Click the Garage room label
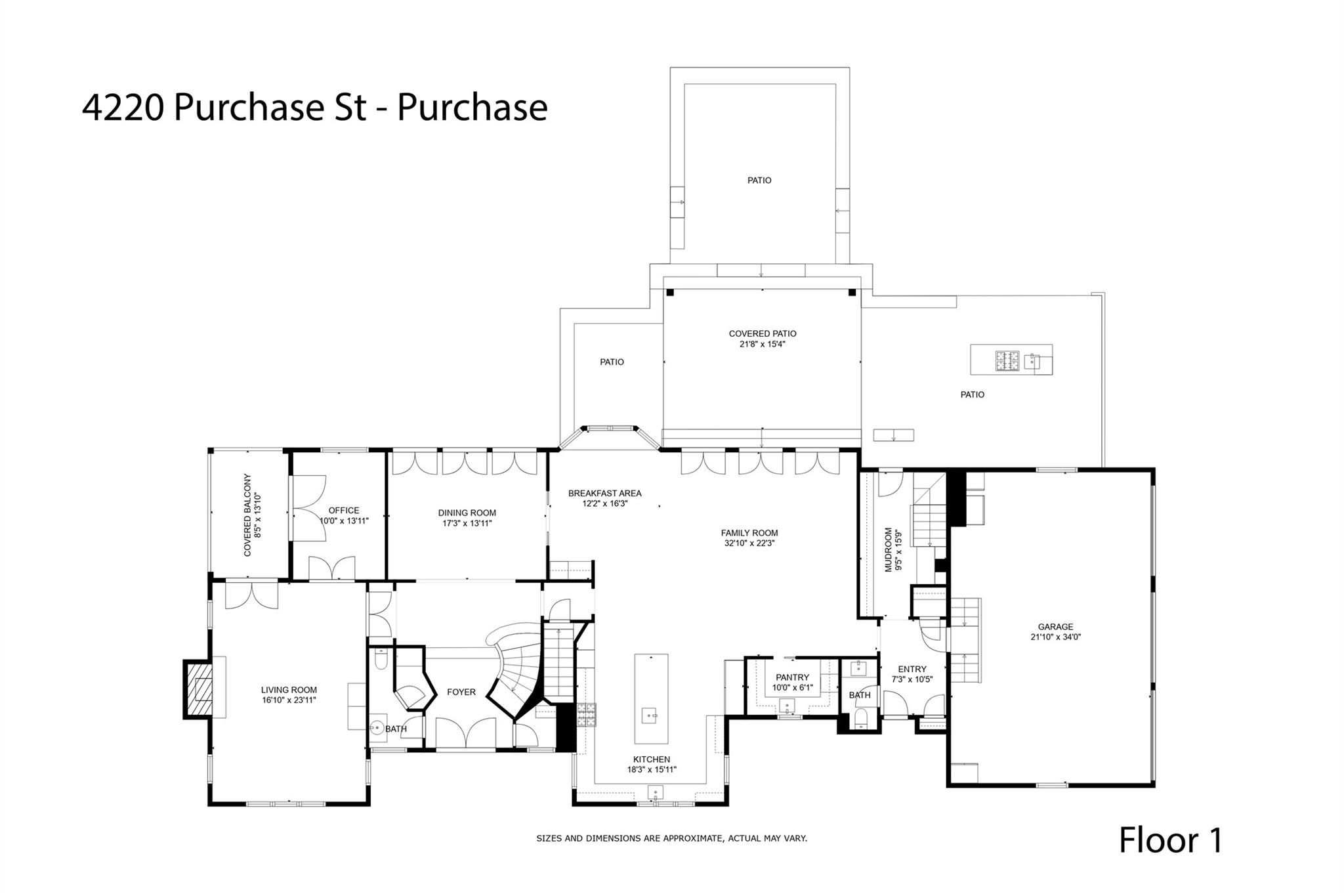pyautogui.click(x=1055, y=627)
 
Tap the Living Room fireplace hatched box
pyautogui.click(x=199, y=690)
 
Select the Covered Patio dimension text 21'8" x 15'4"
pyautogui.click(x=763, y=344)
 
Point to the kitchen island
pyautogui.click(x=651, y=698)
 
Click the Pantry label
pyautogui.click(x=792, y=677)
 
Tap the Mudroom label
pyautogui.click(x=889, y=549)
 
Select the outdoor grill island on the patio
pyautogui.click(x=1011, y=360)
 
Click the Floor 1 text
pyautogui.click(x=1170, y=840)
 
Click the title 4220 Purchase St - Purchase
pyautogui.click(x=314, y=108)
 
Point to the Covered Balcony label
pyautogui.click(x=247, y=515)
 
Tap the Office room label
pyautogui.click(x=344, y=510)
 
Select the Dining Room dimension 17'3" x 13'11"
pyautogui.click(x=467, y=523)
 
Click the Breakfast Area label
pyautogui.click(x=604, y=494)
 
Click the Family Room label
pyautogui.click(x=749, y=533)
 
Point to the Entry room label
pyautogui.click(x=912, y=670)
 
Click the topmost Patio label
pyautogui.click(x=759, y=181)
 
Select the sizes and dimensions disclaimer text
pyautogui.click(x=671, y=838)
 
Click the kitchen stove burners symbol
pyautogui.click(x=585, y=714)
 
